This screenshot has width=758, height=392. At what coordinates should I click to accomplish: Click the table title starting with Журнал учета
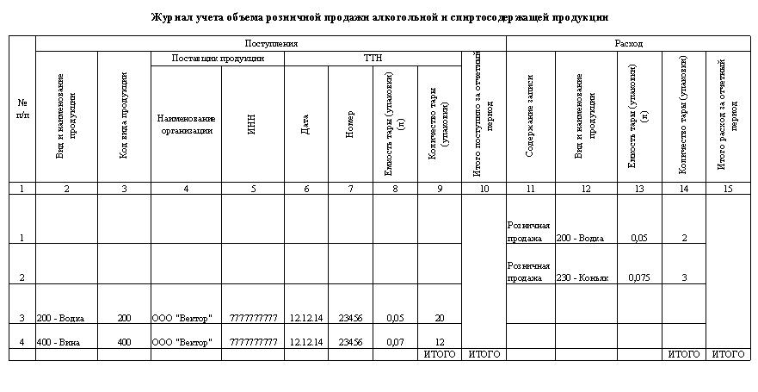(379, 16)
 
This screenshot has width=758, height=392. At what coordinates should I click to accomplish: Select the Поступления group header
(270, 43)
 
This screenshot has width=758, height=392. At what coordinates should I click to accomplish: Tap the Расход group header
(628, 43)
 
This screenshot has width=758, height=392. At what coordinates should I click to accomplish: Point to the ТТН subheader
(373, 59)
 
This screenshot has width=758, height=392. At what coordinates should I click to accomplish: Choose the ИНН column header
(252, 124)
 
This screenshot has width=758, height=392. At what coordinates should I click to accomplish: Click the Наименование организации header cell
(186, 124)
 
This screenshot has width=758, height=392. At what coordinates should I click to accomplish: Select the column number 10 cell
(484, 189)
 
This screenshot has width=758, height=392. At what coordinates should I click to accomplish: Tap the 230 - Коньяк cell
(583, 278)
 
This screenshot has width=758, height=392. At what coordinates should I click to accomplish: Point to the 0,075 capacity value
(638, 278)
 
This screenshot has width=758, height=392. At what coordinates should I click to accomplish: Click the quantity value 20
(439, 318)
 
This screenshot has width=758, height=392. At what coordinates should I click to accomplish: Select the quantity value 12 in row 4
(439, 342)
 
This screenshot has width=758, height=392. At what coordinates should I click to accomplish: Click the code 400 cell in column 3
(124, 342)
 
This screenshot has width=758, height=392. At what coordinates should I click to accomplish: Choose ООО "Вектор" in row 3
(182, 318)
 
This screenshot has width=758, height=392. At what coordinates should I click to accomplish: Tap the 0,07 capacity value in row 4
(394, 342)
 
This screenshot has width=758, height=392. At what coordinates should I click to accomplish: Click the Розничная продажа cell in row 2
(529, 272)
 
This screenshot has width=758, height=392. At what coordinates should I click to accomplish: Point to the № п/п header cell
(22, 109)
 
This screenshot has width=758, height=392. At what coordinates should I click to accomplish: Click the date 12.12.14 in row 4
(306, 342)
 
